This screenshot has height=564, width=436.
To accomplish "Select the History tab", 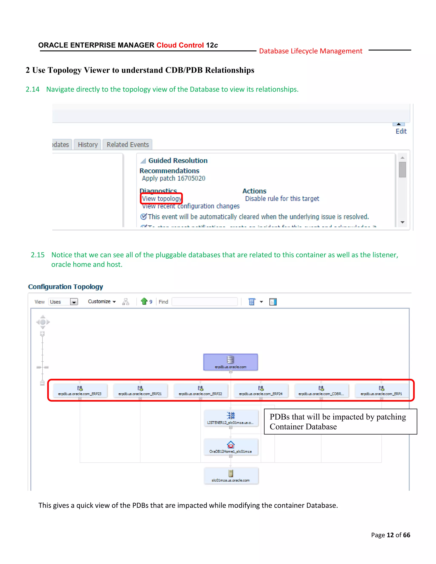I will click(87, 145).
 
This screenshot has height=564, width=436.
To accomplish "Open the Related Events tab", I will click(128, 145).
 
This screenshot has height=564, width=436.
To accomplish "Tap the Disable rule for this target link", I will click(282, 199).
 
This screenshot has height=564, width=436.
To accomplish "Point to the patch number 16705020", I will click(191, 178).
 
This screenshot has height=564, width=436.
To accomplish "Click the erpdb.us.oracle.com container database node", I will click(230, 362).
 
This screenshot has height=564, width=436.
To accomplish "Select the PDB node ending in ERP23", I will click(80, 391).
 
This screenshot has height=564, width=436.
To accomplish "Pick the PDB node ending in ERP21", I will click(140, 391).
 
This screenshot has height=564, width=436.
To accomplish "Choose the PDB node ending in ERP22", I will click(200, 391).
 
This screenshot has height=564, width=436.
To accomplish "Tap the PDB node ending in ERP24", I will click(261, 391).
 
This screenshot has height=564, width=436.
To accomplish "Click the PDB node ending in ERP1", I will click(381, 391).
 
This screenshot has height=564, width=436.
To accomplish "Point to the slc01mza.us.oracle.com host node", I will click(231, 476).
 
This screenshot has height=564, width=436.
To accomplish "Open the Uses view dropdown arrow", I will click(74, 302).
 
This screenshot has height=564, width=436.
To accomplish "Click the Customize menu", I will click(102, 302).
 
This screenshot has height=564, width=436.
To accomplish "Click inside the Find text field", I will click(205, 302).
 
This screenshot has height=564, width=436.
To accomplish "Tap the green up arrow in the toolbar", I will click(144, 301).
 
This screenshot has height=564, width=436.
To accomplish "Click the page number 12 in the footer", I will click(390, 535).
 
